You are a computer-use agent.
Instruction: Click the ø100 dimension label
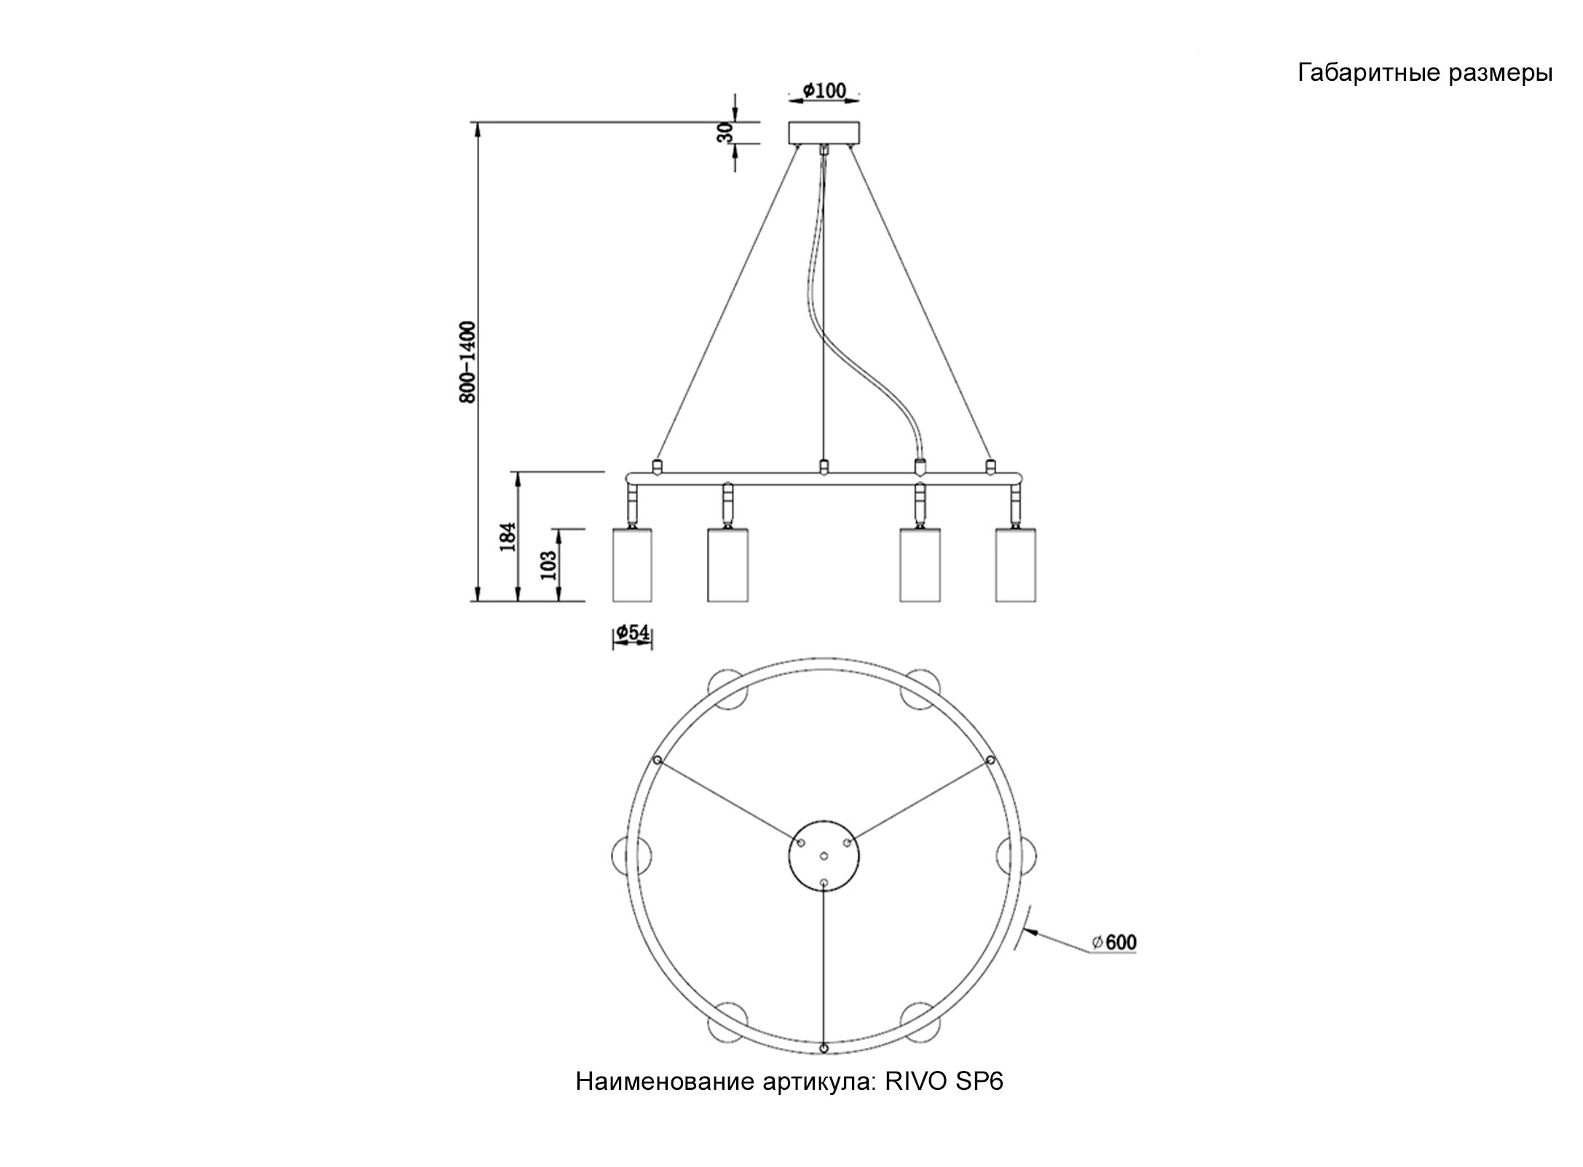(x=824, y=90)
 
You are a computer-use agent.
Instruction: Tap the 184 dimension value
(x=509, y=537)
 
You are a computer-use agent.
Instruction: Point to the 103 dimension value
(x=549, y=564)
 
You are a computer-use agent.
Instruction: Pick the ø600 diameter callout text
(x=1114, y=941)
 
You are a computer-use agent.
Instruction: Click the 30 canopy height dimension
(x=725, y=132)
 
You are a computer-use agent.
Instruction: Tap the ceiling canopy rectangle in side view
(x=824, y=132)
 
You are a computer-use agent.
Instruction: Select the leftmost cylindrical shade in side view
(x=632, y=565)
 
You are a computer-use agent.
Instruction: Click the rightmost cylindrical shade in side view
(x=1016, y=565)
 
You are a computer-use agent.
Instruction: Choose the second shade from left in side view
(x=728, y=565)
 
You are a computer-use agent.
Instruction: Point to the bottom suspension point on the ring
(x=824, y=1069)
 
